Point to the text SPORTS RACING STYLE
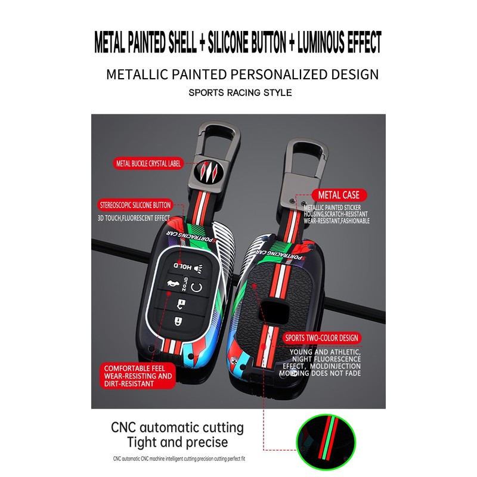[x=240, y=93]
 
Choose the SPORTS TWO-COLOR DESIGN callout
[x=322, y=338]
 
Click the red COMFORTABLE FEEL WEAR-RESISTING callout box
[x=138, y=376]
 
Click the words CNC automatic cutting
[x=177, y=428]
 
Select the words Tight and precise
[x=177, y=442]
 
